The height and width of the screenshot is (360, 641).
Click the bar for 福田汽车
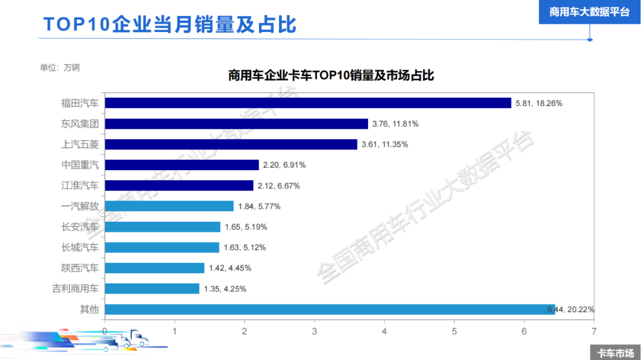pyautogui.click(x=307, y=103)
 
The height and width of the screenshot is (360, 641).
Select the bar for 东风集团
pyautogui.click(x=236, y=124)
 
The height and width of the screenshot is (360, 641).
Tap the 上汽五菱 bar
pyautogui.click(x=231, y=145)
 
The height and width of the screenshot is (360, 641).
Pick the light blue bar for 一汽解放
pyautogui.click(x=169, y=206)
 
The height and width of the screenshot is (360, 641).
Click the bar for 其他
pyautogui.click(x=329, y=309)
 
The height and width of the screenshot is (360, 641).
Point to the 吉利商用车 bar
pyautogui.click(x=152, y=289)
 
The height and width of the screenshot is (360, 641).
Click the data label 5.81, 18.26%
pyautogui.click(x=538, y=103)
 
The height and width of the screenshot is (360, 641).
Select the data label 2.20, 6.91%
pyautogui.click(x=284, y=165)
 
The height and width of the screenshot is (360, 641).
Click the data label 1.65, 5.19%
pyautogui.click(x=246, y=227)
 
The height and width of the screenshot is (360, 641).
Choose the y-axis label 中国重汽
pyautogui.click(x=80, y=165)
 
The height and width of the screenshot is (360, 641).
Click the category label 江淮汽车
pyautogui.click(x=80, y=186)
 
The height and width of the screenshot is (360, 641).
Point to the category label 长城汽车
pyautogui.click(x=80, y=247)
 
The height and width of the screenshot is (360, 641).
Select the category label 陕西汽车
pyautogui.click(x=80, y=268)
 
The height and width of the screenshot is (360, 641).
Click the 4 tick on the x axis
pyautogui.click(x=384, y=330)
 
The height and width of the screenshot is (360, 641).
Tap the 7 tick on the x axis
pyautogui.click(x=594, y=330)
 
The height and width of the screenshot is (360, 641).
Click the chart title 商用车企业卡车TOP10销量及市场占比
pyautogui.click(x=331, y=76)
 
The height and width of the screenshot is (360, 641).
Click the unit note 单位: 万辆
pyautogui.click(x=60, y=68)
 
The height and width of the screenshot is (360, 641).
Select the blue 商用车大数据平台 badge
pyautogui.click(x=589, y=12)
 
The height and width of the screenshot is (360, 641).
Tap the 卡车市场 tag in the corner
pyautogui.click(x=615, y=352)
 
